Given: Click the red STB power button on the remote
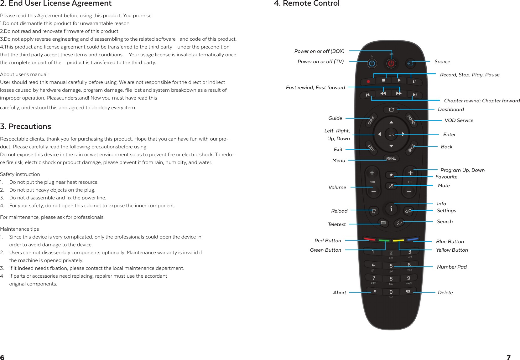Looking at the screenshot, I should point(391,64).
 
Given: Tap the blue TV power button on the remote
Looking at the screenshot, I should point(372,64).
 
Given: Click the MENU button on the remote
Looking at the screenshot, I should point(391,158).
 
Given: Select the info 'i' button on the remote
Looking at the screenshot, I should point(391,209).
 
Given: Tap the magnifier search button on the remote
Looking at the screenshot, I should point(399,223).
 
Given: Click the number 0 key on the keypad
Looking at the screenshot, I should point(391,292).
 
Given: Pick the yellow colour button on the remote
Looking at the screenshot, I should point(398,240).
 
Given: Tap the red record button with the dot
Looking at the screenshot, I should point(368,81).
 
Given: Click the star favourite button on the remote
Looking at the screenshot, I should point(391,175).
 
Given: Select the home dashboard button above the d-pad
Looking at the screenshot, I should point(391,110).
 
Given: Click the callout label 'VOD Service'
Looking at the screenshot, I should point(459,121).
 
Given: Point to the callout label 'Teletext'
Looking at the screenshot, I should point(337,224).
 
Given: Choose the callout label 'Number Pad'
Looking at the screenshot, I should point(452,267).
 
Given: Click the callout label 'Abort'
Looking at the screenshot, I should point(340,293).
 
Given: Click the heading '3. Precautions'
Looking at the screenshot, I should point(26,126).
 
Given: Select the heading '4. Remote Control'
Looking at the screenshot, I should point(307,3).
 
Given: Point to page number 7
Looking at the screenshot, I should point(508,357).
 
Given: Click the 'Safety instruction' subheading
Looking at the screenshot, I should point(20,174).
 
